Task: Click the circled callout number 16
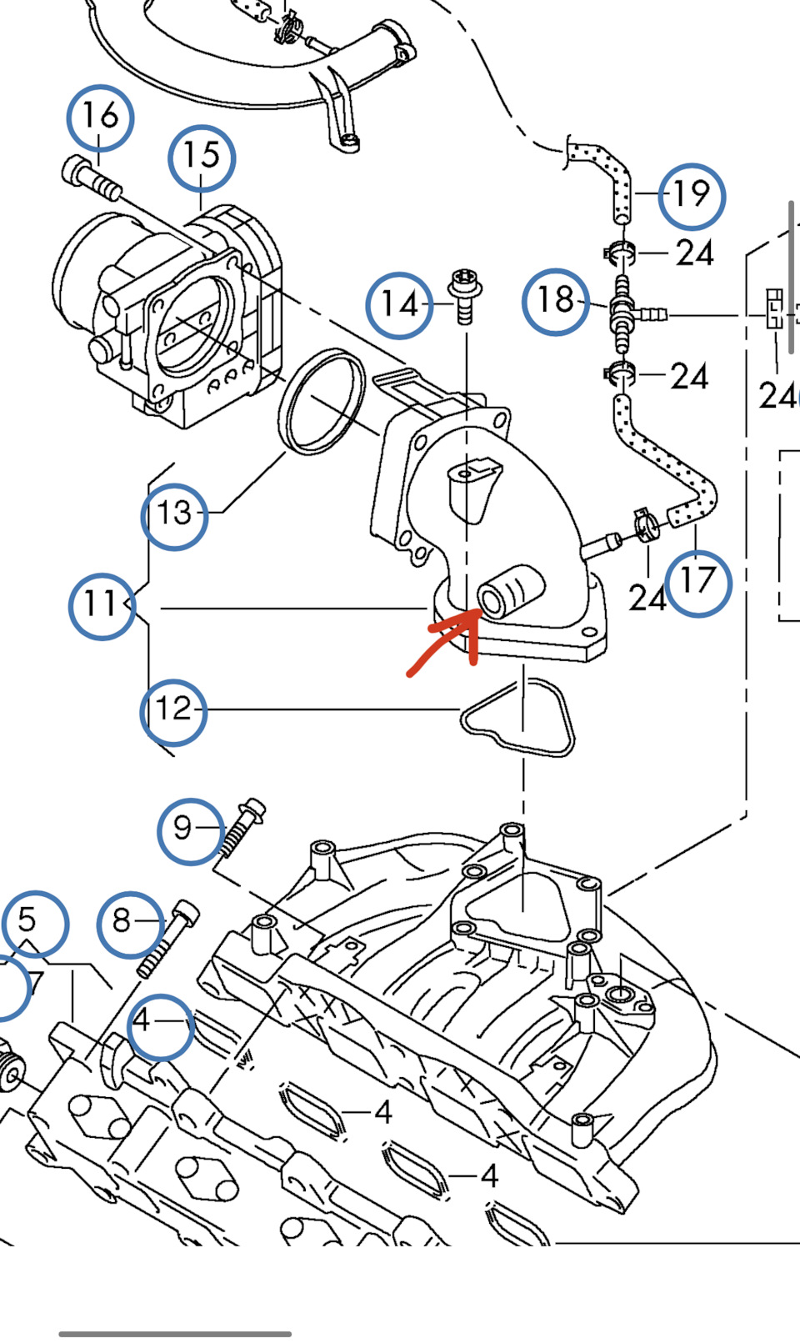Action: tap(100, 117)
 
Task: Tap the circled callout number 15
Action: tap(201, 157)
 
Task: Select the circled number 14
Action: tap(398, 304)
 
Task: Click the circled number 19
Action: tap(691, 196)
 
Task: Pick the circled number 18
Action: tap(556, 301)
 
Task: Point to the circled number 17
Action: tap(697, 581)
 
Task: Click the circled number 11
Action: tap(102, 604)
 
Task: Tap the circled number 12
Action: tap(173, 710)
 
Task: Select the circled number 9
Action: tap(190, 829)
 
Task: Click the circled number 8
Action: tap(129, 923)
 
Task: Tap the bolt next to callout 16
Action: tap(91, 180)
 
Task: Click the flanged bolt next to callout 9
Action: tap(241, 827)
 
